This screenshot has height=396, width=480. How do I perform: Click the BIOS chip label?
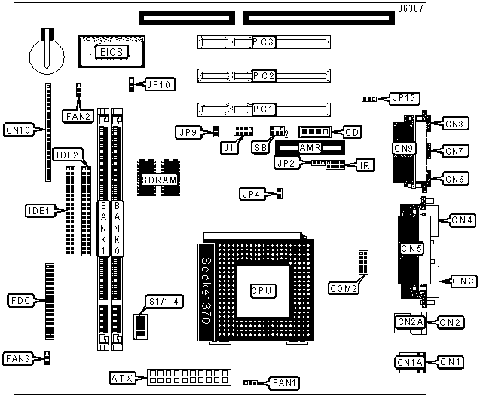pos(112,52)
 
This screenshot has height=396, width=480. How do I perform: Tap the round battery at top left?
pos(47,56)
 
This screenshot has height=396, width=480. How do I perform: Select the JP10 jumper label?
pos(159,84)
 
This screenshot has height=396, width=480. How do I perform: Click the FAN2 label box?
pos(78,116)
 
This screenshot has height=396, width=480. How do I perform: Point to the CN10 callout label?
pos(19,130)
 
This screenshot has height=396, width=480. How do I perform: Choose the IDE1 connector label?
pos(39,211)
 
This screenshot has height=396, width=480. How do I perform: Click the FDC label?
pos(21,301)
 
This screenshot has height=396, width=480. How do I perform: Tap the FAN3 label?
pos(18,358)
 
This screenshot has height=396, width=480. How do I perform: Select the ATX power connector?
pos(189,377)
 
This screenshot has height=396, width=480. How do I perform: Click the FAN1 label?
pos(284,383)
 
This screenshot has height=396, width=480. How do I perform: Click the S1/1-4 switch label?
pos(164,302)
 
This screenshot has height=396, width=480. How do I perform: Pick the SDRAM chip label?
pos(159,180)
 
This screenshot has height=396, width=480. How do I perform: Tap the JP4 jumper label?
pos(252,195)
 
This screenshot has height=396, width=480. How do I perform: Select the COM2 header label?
pos(344,288)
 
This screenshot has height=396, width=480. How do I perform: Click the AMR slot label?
pos(310,148)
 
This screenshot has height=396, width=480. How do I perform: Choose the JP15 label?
pos(404,98)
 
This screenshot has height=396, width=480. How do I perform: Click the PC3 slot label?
pos(264,42)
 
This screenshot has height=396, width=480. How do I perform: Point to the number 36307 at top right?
pos(411,8)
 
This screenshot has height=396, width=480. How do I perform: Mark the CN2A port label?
pos(410,322)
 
